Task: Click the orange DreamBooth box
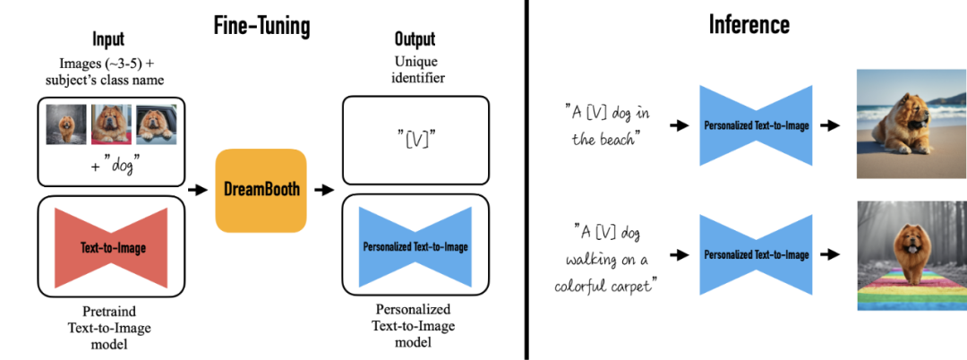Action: coord(261,191)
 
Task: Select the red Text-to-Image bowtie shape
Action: coord(112,247)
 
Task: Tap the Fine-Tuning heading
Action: coord(262,26)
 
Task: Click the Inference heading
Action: coord(749,25)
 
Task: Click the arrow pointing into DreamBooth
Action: coord(197,191)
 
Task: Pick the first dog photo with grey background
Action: coord(66,124)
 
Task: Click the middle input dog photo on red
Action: coord(112,124)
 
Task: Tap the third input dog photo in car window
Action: coord(157,124)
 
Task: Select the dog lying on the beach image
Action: coord(911,124)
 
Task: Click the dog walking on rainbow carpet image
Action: coord(911,256)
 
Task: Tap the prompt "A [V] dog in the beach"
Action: coord(607,125)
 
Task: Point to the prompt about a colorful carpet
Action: coord(604,259)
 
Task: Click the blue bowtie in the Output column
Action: coord(415,246)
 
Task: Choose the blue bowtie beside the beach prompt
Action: coord(756,125)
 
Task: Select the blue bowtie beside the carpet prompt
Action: coord(756,254)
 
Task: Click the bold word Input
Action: coord(108,39)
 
